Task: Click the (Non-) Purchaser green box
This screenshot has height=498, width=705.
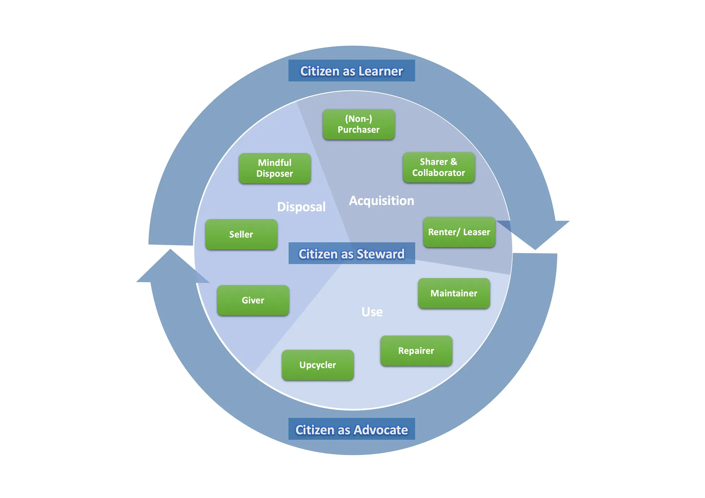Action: point(358,124)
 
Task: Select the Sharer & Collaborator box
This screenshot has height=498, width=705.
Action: point(439,167)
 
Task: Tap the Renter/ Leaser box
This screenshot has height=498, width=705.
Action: point(459,232)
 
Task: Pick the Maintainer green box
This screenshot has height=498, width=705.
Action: point(454,293)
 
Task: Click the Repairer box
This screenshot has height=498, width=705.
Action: point(416,351)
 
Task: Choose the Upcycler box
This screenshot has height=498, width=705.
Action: point(318,365)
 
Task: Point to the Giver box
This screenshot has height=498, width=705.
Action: point(253,300)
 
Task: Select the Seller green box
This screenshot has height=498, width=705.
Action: point(241,235)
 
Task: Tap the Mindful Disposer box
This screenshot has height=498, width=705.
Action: point(275,168)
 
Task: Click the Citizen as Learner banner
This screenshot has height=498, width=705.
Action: point(352,71)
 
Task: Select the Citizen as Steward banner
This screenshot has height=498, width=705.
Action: point(352,253)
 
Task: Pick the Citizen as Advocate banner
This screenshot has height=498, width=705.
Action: point(352,429)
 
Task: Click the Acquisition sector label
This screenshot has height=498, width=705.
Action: point(382,201)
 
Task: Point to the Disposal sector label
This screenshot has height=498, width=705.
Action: point(301,207)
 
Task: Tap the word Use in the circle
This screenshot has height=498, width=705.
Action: point(372,312)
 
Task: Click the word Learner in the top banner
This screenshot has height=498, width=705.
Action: point(381,71)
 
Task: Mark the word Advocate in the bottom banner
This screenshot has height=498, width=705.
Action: point(381,430)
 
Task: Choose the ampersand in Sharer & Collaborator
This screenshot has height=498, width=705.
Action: point(454,162)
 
